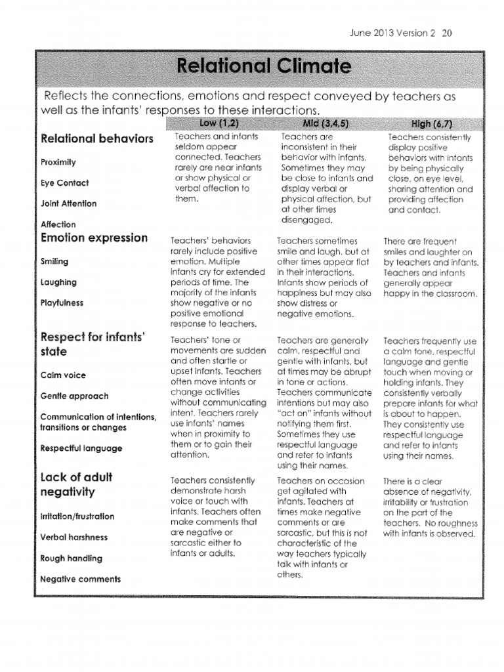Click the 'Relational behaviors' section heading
97,138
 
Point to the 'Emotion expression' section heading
94,238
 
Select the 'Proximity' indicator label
58,162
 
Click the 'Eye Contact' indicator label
64,183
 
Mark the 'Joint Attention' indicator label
68,203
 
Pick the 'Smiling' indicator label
54,261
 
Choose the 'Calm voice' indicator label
63,375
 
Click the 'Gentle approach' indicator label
74,396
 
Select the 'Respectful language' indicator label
81,448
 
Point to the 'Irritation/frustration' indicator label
77,516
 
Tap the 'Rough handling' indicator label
71,558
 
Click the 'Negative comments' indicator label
80,579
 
